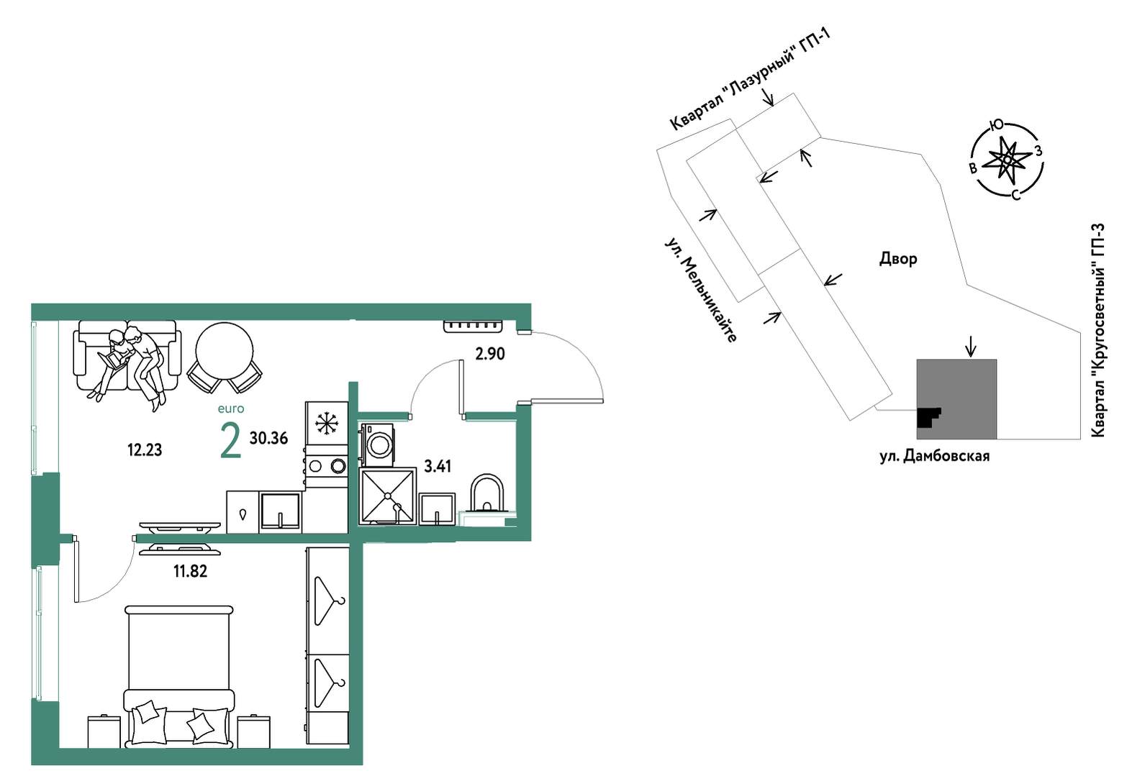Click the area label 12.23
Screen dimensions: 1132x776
(x=145, y=449)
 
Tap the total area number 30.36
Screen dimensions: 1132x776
(x=269, y=438)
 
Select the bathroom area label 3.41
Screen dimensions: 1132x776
(x=438, y=466)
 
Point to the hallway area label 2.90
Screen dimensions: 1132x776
(x=489, y=354)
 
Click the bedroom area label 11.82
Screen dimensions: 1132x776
(x=191, y=571)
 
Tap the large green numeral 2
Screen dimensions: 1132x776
(x=230, y=442)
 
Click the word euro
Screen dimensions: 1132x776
(x=231, y=408)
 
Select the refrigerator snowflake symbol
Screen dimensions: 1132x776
(x=327, y=423)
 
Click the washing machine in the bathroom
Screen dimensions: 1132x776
(x=377, y=444)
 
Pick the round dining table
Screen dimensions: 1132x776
(x=225, y=352)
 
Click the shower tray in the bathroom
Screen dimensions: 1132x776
(x=388, y=496)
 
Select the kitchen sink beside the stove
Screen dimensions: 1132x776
(x=280, y=511)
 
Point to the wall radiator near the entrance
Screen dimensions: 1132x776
(x=474, y=327)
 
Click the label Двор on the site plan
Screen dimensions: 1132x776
(x=898, y=259)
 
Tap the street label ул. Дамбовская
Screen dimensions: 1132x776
(x=934, y=457)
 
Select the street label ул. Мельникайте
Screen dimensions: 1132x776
(x=701, y=291)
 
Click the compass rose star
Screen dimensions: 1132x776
(x=1007, y=159)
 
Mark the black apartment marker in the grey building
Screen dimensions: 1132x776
(x=928, y=417)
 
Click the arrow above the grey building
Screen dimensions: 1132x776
(x=970, y=347)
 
